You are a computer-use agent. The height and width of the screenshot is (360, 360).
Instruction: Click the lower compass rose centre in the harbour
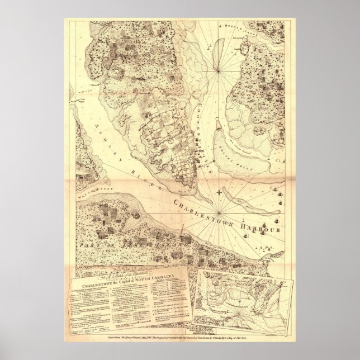point(216,212)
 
